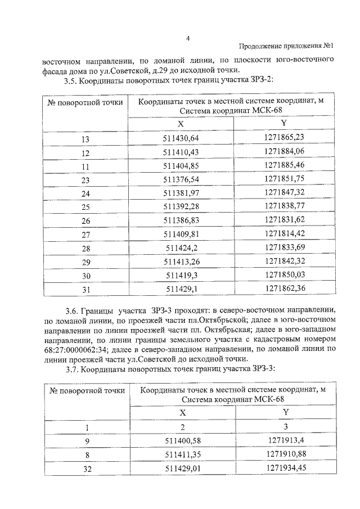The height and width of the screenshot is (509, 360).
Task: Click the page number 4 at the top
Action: (188, 38)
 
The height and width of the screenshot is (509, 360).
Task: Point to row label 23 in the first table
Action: (85, 180)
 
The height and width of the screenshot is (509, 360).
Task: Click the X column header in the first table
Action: (181, 124)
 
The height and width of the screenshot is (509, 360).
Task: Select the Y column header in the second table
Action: (284, 412)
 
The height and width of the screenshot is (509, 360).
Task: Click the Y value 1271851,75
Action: (284, 179)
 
